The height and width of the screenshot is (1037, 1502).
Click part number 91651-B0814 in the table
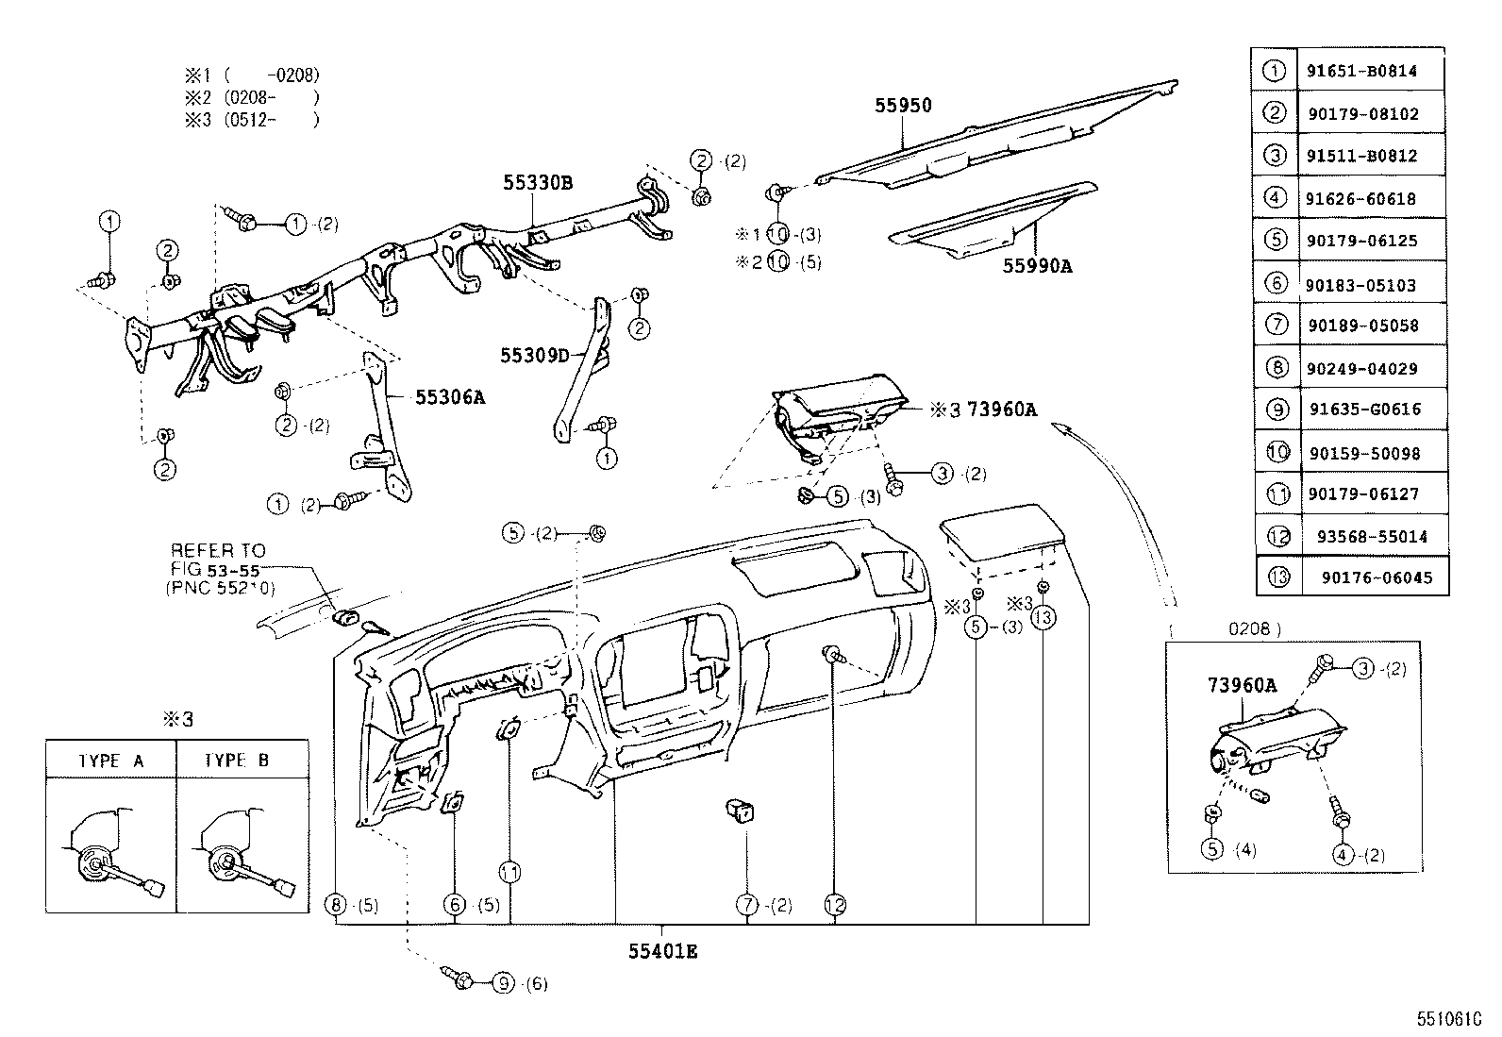pyautogui.click(x=1361, y=71)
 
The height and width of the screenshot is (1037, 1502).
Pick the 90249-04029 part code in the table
pyautogui.click(x=1362, y=369)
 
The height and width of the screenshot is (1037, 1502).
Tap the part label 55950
pyautogui.click(x=901, y=106)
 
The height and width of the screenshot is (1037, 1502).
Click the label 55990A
pyautogui.click(x=1037, y=266)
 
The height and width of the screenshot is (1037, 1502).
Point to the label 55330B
pyautogui.click(x=537, y=183)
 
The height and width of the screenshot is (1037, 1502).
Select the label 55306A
pyautogui.click(x=450, y=397)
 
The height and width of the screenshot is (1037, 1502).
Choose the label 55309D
pyautogui.click(x=535, y=356)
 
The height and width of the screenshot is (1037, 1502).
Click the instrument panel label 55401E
pyautogui.click(x=662, y=951)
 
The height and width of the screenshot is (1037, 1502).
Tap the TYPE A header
pyautogui.click(x=111, y=760)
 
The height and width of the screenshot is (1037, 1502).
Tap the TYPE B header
pyautogui.click(x=237, y=760)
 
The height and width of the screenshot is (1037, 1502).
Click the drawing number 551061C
pyautogui.click(x=1449, y=1020)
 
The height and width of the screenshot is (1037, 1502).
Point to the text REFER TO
pyautogui.click(x=218, y=550)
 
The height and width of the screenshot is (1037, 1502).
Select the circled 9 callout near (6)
pyautogui.click(x=503, y=983)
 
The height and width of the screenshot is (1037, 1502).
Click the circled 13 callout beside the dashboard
pyautogui.click(x=1043, y=618)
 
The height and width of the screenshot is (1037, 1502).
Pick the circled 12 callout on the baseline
pyautogui.click(x=835, y=905)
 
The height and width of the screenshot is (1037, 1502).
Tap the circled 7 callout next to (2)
pyautogui.click(x=747, y=905)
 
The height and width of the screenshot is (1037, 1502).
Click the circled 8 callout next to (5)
pyautogui.click(x=337, y=905)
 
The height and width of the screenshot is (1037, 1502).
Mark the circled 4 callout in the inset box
pyautogui.click(x=1343, y=855)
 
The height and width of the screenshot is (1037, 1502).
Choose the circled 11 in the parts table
pyautogui.click(x=1277, y=493)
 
